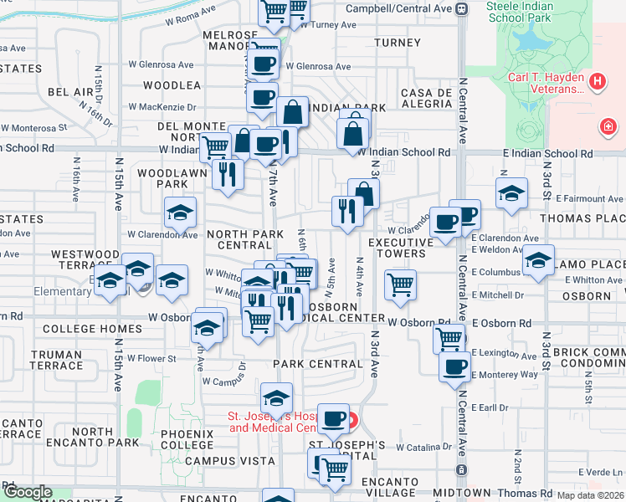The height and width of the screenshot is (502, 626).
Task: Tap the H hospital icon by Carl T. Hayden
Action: [598, 81]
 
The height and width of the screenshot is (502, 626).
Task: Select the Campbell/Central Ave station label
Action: [404, 8]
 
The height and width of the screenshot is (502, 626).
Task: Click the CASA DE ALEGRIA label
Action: [427, 98]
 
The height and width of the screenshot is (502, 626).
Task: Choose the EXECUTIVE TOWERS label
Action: [401, 248]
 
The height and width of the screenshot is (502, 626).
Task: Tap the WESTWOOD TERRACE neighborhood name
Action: [85, 259]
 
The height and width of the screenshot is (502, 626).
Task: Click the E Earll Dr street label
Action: [489, 407]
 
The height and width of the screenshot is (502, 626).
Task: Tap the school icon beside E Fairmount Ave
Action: [511, 193]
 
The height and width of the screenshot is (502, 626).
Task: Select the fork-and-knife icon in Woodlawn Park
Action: [226, 173]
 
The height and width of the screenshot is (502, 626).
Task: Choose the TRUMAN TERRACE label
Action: [56, 360]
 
